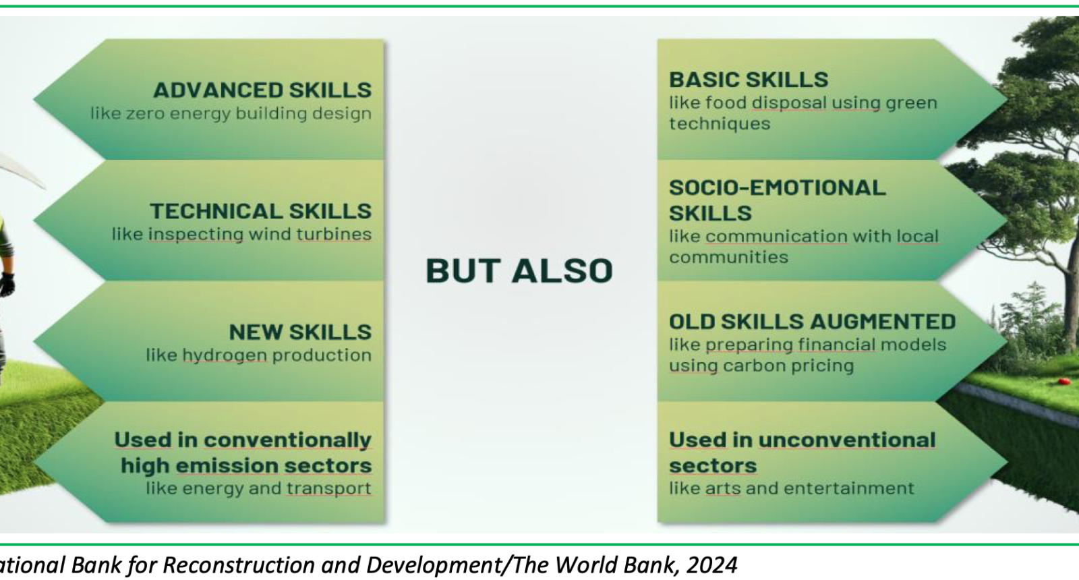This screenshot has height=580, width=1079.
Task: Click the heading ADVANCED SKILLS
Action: (262, 90)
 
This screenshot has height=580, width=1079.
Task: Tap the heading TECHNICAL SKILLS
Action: (260, 211)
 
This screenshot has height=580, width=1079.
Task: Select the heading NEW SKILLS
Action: (300, 332)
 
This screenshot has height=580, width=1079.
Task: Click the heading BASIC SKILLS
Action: (749, 80)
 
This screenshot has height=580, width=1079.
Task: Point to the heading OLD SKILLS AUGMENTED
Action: (812, 321)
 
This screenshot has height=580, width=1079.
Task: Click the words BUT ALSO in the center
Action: (519, 270)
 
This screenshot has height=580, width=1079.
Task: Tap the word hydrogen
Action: (225, 355)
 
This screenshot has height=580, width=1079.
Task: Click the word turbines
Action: (334, 234)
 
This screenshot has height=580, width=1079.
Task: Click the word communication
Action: (776, 236)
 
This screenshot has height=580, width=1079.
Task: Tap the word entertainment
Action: (849, 488)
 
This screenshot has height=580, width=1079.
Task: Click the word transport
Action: (329, 488)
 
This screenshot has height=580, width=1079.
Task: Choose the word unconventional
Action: (847, 440)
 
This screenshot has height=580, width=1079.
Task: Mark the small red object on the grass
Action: (1061, 382)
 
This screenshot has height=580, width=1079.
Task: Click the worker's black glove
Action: (7, 284)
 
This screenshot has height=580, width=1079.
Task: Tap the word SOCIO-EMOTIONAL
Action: (778, 187)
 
